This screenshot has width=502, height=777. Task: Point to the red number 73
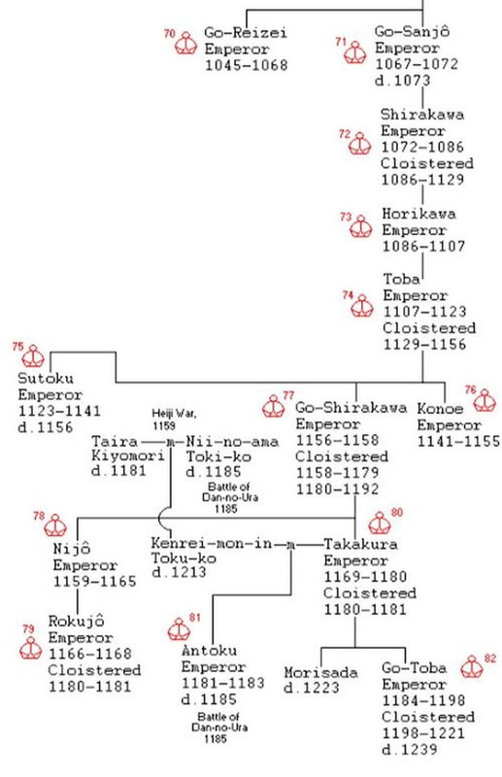(x=345, y=216)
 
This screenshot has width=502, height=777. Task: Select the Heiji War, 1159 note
(x=173, y=419)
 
